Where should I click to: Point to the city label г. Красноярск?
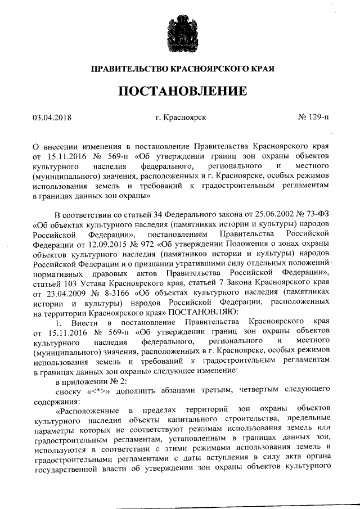tap(180, 118)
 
